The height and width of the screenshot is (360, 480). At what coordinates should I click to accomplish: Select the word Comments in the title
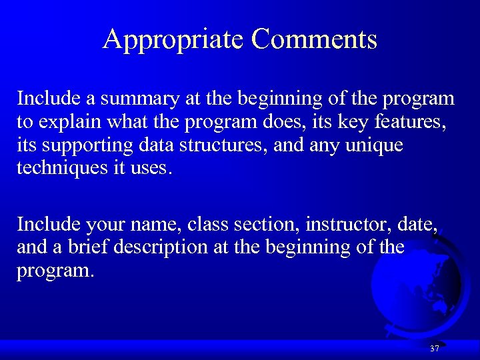pos(314,39)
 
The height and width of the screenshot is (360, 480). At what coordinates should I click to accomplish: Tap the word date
pos(418,225)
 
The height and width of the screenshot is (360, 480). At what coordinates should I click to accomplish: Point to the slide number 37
pos(435,349)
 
